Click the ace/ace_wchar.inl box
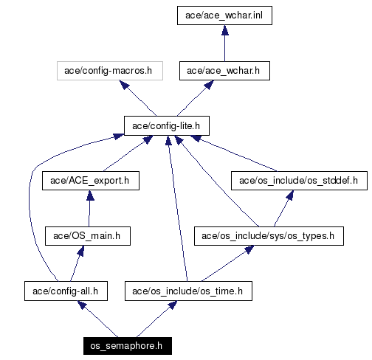coord(224,15)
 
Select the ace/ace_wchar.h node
coord(224,71)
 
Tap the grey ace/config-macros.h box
coord(110,71)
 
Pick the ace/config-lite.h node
coord(167,126)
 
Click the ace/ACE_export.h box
coord(91,181)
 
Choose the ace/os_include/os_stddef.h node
coord(299,181)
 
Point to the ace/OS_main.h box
coord(88,236)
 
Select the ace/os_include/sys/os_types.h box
coord(269,236)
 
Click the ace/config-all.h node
coord(66,291)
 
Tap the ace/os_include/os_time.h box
coord(188,291)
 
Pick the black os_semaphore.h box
coord(128,346)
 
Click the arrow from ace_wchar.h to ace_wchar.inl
coord(224,44)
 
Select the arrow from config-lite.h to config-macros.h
coord(138,98)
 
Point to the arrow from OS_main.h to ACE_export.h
coord(89,209)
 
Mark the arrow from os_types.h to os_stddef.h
coord(283,209)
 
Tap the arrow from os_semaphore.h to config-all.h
coord(97,319)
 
